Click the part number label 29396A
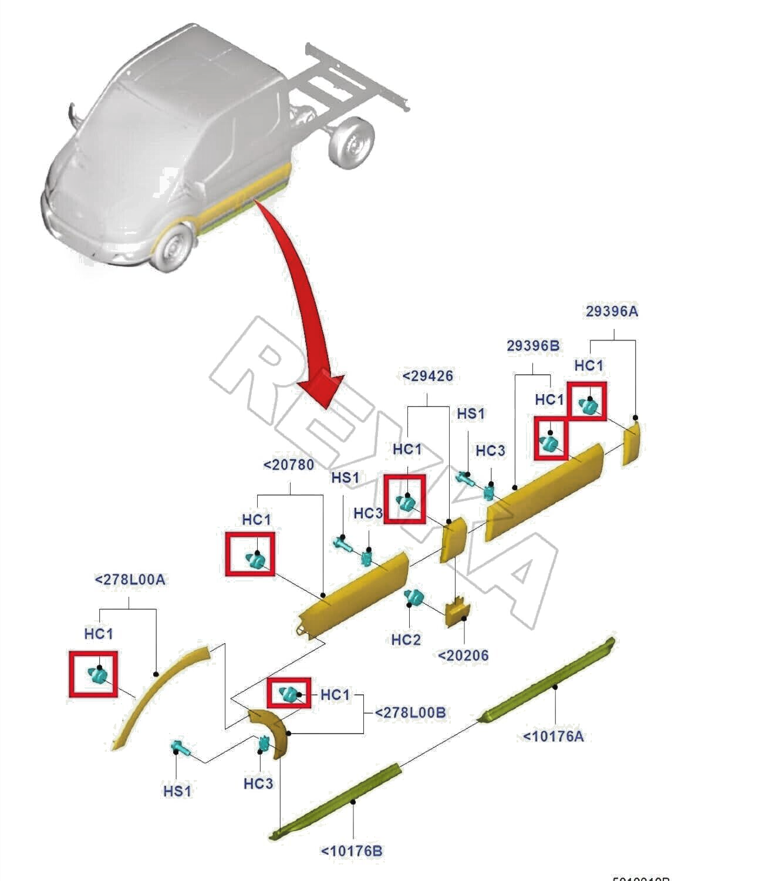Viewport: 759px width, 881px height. (x=611, y=311)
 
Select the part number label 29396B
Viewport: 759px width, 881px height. (x=533, y=346)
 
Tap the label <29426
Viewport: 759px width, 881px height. (x=427, y=376)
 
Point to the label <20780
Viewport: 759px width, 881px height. (x=289, y=465)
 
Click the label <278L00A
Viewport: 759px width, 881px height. (x=130, y=580)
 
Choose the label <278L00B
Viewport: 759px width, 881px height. (x=410, y=712)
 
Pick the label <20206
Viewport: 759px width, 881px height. (x=463, y=655)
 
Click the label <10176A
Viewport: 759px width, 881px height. (x=553, y=736)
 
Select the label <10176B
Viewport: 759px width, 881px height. (x=352, y=850)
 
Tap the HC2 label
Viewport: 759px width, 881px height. (x=406, y=639)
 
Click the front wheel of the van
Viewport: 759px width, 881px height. (x=173, y=250)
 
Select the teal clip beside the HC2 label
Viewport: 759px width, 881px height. (x=414, y=598)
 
